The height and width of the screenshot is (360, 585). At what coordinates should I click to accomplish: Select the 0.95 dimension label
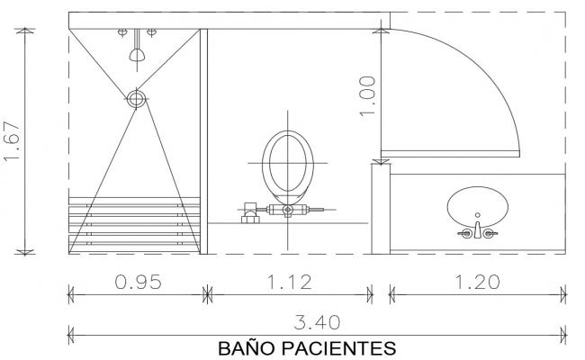coord(138,282)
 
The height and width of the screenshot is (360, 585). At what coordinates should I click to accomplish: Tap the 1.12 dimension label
coord(289,282)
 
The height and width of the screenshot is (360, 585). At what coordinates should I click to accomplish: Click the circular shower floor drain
coord(136,98)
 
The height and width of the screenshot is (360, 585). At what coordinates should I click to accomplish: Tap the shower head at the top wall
coord(137,51)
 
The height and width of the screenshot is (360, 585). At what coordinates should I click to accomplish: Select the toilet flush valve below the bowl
coord(287,211)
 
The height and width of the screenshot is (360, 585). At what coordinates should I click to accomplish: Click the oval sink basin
coord(477,204)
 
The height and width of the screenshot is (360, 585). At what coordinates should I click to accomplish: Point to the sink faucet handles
coord(477,233)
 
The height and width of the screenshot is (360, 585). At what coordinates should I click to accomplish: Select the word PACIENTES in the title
coord(343,346)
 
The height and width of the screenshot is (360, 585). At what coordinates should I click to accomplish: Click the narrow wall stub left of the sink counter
coord(378,207)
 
